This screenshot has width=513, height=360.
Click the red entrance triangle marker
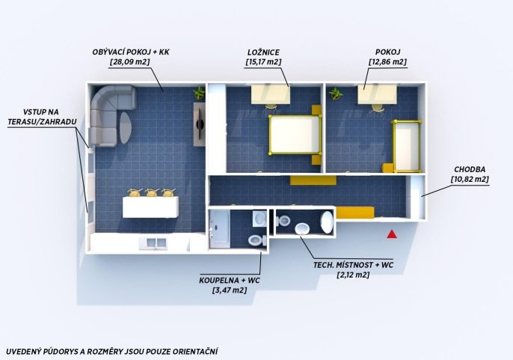(x=392, y=234)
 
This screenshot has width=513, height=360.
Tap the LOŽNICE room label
(x=263, y=52)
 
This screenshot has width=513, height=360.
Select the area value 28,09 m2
(x=130, y=62)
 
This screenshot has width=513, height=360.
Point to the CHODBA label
(x=470, y=170)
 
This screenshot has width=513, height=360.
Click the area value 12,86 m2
(x=387, y=62)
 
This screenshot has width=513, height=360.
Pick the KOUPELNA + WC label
(x=230, y=281)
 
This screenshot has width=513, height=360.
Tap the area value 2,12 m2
(x=353, y=275)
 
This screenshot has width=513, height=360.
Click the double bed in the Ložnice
(x=295, y=134)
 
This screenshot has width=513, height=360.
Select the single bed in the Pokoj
(x=408, y=146)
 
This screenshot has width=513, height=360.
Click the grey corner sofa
(x=108, y=112)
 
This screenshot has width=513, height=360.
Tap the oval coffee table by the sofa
(x=126, y=128)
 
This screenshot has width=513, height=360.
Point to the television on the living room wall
(x=199, y=124)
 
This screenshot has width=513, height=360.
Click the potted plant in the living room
(x=199, y=93)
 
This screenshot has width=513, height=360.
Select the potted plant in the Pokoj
(x=335, y=94)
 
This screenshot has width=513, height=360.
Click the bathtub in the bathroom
(x=219, y=229)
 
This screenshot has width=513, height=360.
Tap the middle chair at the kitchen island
(x=152, y=192)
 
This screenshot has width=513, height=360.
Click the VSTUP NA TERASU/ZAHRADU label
(x=42, y=117)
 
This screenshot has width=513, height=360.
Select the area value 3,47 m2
(x=230, y=290)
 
